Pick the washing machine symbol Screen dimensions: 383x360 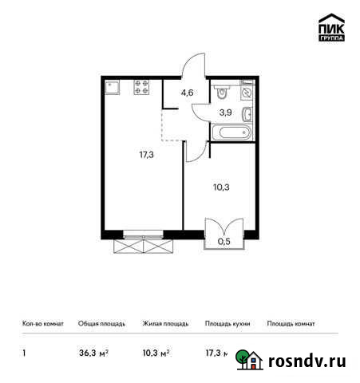pos(247,93)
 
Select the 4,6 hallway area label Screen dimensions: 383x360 pos(188,93)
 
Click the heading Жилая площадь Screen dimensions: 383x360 pos(165,324)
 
